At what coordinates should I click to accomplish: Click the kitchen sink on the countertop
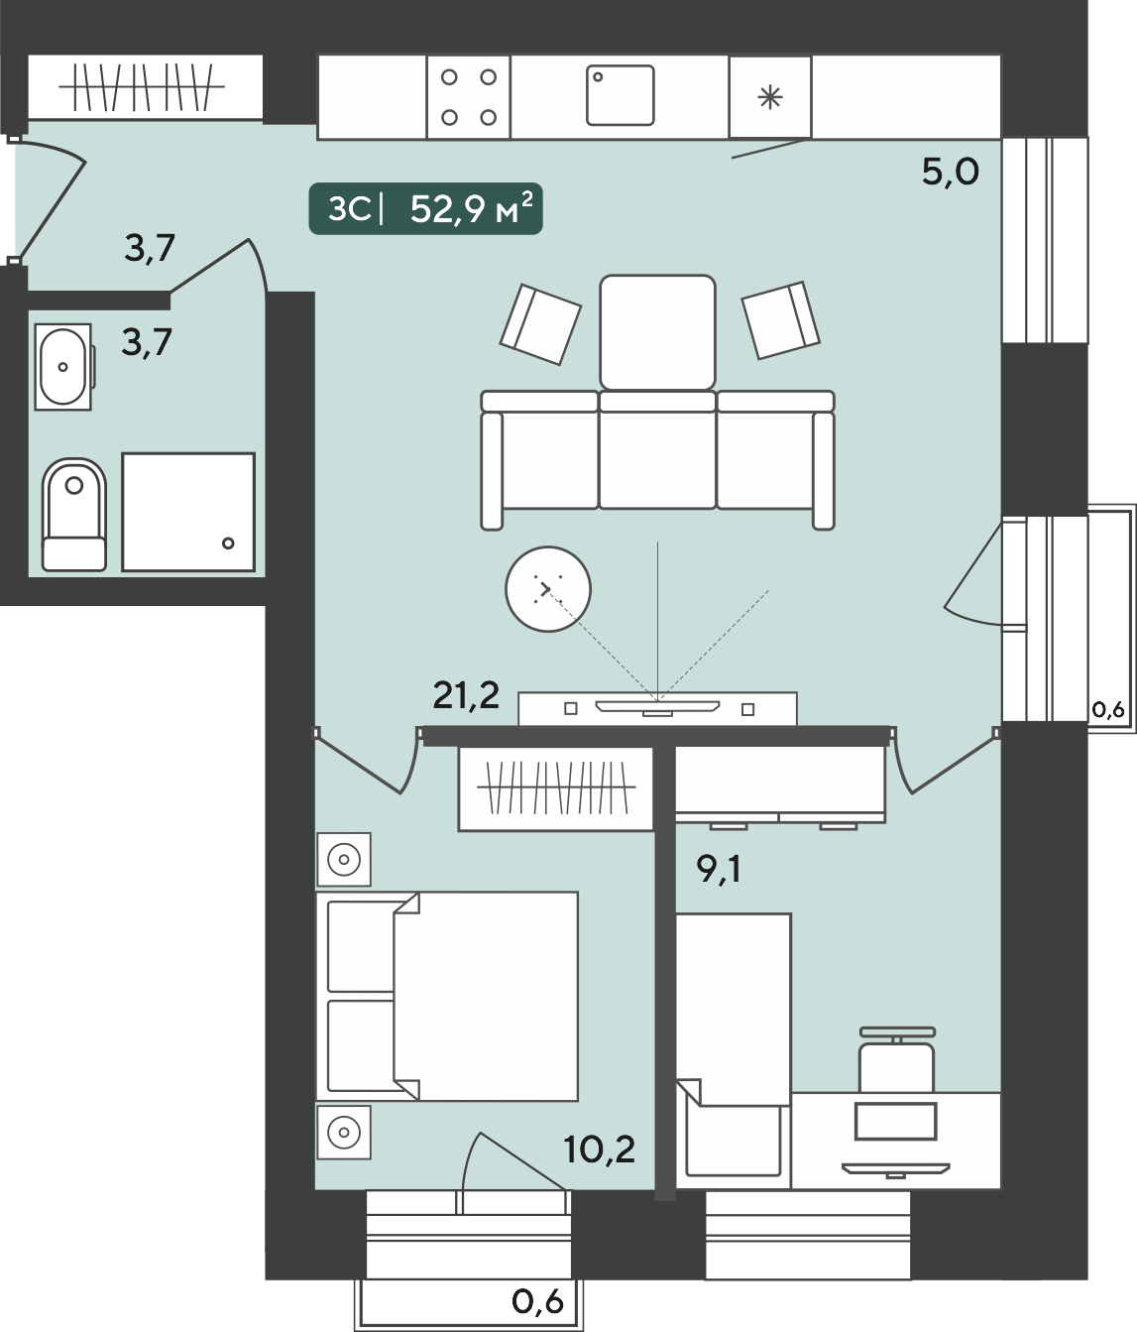pyautogui.click(x=620, y=95)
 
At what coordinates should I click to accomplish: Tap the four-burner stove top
pyautogui.click(x=468, y=96)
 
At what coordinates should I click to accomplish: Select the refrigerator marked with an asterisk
pyautogui.click(x=770, y=96)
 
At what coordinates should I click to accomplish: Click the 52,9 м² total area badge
pyautogui.click(x=426, y=209)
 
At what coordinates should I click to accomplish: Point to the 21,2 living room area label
pyautogui.click(x=466, y=696)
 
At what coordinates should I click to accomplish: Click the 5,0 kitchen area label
pyautogui.click(x=951, y=172)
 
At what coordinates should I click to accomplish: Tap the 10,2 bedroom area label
pyautogui.click(x=599, y=1149)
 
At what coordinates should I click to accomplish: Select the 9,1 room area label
pyautogui.click(x=719, y=869)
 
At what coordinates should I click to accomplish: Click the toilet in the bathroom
pyautogui.click(x=74, y=514)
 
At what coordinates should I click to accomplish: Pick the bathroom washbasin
pyautogui.click(x=63, y=367)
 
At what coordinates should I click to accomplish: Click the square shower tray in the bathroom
pyautogui.click(x=188, y=512)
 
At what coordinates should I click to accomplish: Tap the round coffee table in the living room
pyautogui.click(x=547, y=589)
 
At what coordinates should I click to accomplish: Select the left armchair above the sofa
pyautogui.click(x=540, y=324)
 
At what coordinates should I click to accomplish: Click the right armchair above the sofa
pyautogui.click(x=780, y=319)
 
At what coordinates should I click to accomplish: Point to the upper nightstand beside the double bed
pyautogui.click(x=344, y=859)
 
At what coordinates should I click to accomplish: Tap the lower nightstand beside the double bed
pyautogui.click(x=344, y=1133)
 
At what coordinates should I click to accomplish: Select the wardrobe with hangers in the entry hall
pyautogui.click(x=145, y=87)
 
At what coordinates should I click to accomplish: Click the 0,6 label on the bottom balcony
pyautogui.click(x=537, y=1302)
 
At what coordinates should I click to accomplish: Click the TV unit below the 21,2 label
pyautogui.click(x=658, y=709)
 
